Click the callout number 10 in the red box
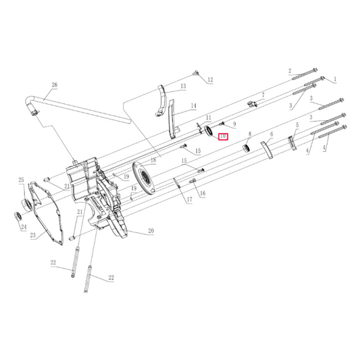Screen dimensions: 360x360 [x=223, y=136]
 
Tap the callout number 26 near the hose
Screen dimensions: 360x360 [x=55, y=86]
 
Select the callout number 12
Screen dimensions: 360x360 [x=210, y=80]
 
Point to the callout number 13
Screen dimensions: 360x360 [x=182, y=87]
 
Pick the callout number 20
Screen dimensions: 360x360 [x=151, y=231]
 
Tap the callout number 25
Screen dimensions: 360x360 [x=21, y=180]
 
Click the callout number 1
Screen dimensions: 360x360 [x=334, y=79]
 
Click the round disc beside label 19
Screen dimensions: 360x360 [x=145, y=178]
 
